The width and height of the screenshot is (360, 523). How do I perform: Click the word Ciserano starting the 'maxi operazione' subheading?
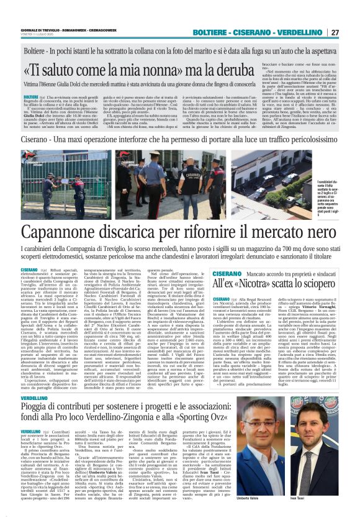click(35, 138)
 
